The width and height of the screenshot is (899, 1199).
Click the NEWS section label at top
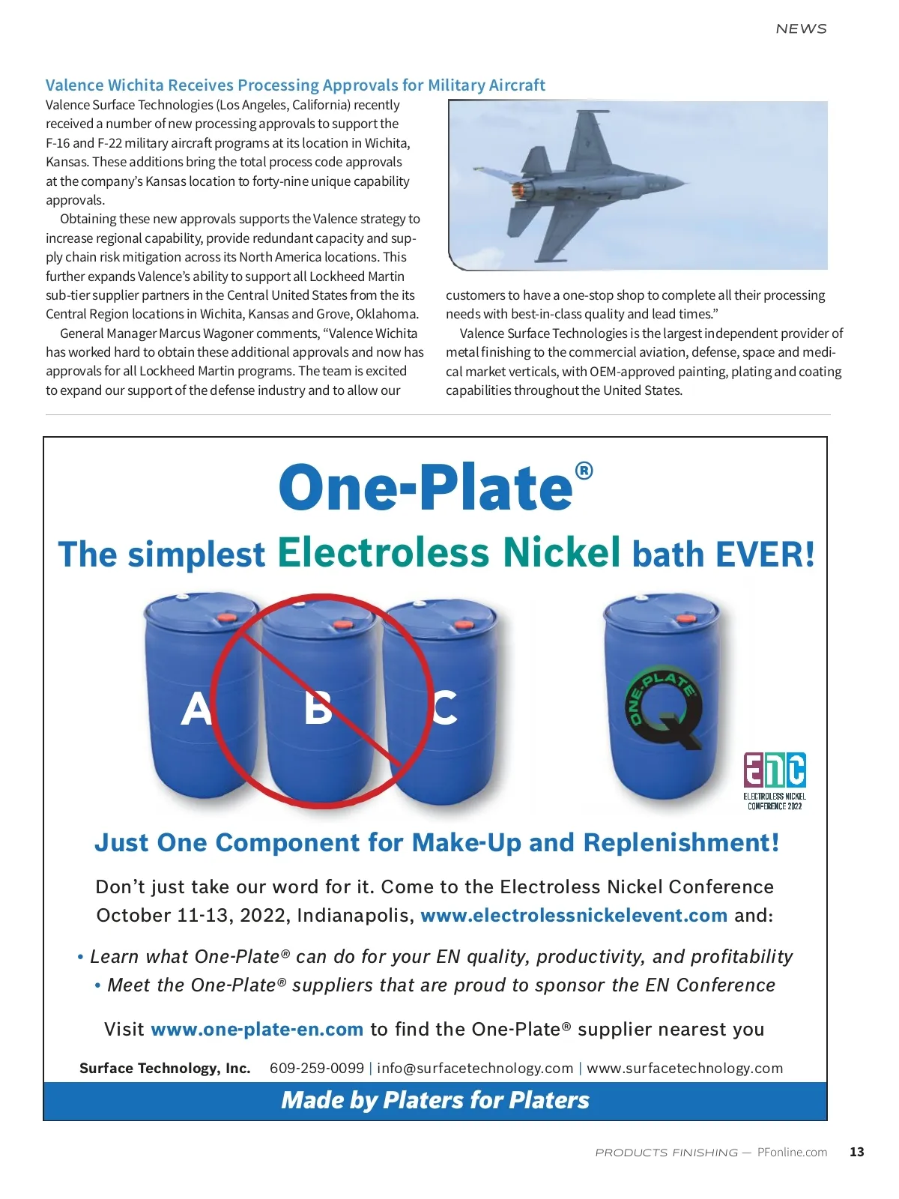click(x=801, y=28)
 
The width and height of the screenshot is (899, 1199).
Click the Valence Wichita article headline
click(x=295, y=85)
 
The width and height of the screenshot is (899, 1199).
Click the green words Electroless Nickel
click(x=449, y=552)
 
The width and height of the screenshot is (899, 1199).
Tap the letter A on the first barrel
click(x=196, y=708)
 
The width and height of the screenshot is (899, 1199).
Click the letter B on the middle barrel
click(x=318, y=707)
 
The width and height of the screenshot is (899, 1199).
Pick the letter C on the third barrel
click(x=445, y=707)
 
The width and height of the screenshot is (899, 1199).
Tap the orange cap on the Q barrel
click(x=686, y=618)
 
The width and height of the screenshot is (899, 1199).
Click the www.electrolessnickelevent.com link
click(x=574, y=916)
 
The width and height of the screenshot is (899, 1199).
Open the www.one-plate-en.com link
click(x=257, y=1030)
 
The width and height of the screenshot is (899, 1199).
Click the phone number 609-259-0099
click(x=317, y=1069)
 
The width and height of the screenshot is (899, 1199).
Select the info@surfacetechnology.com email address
click(x=475, y=1069)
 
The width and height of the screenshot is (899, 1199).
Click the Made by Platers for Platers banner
click(x=435, y=1100)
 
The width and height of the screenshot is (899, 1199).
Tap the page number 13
click(x=857, y=1152)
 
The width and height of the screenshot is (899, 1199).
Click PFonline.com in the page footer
click(x=792, y=1152)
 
